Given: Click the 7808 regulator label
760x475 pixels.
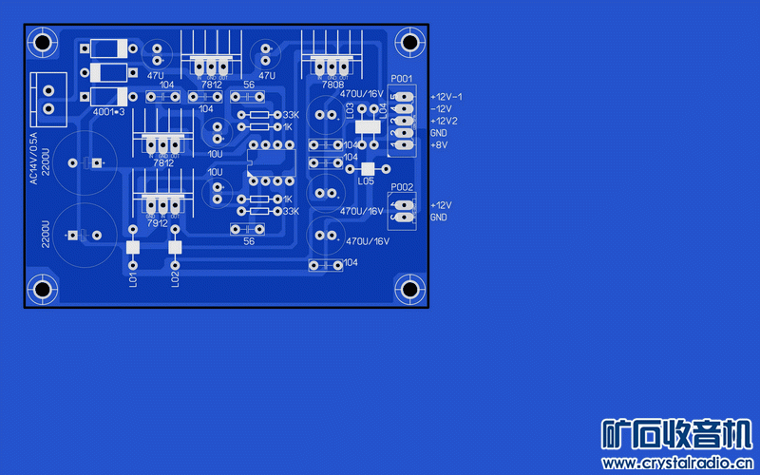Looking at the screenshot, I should click(332, 85).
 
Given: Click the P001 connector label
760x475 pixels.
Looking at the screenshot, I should click(402, 79).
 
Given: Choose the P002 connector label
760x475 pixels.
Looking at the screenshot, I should click(402, 188).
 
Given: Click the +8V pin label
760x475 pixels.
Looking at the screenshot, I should click(439, 145).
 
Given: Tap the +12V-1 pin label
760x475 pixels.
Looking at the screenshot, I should click(446, 97).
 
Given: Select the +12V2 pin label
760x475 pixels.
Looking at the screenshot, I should click(445, 122).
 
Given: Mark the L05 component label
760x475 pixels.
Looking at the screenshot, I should click(367, 180).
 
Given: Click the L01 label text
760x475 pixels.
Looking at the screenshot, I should click(133, 278).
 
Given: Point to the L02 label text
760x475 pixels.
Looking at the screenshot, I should click(175, 278).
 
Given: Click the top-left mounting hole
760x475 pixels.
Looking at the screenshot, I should click(42, 42).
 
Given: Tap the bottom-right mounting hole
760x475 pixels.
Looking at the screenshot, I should click(409, 289).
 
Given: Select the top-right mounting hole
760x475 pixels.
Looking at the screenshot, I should click(409, 42).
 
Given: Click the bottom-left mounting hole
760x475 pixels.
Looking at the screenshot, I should click(42, 289).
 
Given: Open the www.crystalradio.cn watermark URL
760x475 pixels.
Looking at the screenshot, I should click(674, 464).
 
